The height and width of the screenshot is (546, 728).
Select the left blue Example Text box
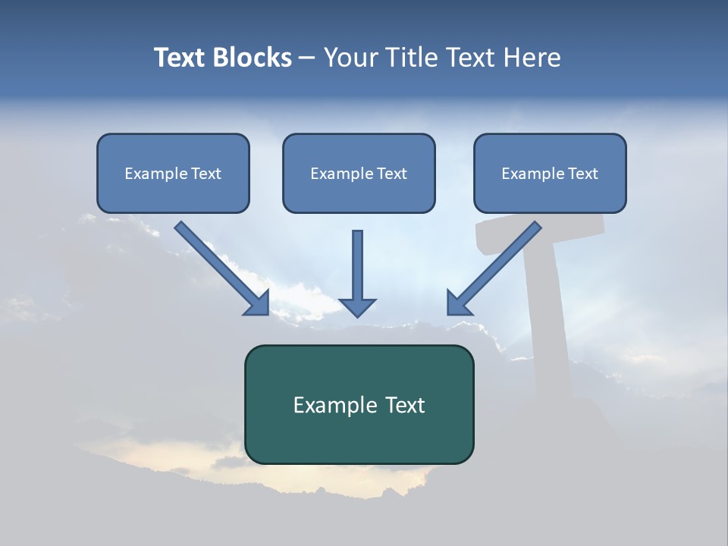[173, 173]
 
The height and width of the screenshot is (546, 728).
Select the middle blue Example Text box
[359, 173]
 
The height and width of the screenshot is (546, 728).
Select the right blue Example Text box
[550, 173]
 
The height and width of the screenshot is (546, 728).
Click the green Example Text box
[359, 405]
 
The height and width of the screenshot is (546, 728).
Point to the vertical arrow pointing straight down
[357, 265]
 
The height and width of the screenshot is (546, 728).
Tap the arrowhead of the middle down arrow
[357, 306]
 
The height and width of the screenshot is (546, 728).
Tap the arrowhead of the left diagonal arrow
[258, 303]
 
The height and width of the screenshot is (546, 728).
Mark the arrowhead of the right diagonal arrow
[458, 303]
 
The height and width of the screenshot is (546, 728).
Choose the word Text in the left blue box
[206, 173]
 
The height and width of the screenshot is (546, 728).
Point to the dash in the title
[307, 58]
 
